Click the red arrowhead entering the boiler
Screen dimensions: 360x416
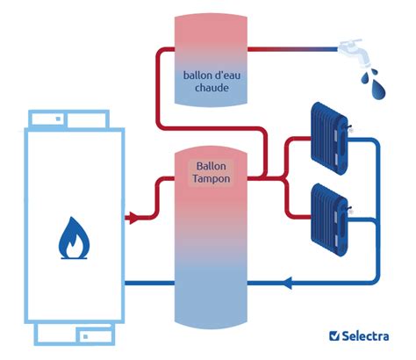[133, 216]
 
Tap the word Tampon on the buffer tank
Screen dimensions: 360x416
[209, 178]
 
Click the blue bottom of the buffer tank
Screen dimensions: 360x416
[209, 299]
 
